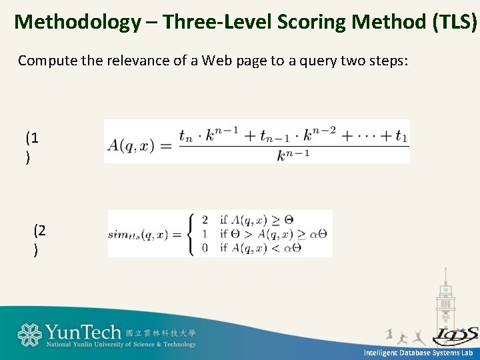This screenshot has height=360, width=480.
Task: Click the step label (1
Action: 32,139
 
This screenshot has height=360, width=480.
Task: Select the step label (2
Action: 40,231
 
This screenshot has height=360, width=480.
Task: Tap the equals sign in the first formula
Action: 166,146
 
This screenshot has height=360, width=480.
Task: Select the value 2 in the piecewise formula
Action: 205,220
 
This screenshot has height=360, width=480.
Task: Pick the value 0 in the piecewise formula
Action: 205,248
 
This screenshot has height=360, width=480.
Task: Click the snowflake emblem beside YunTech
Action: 29,335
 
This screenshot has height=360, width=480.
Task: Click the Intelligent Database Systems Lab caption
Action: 417,353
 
